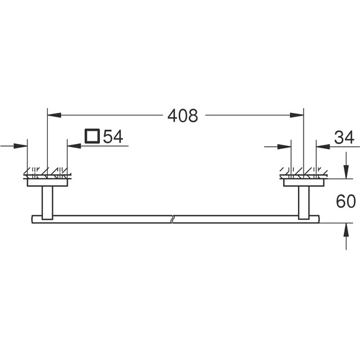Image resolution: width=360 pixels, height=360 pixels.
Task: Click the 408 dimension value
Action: [182, 115]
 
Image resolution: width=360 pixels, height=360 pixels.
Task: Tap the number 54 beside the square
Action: [113, 137]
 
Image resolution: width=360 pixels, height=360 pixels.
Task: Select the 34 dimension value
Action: [344, 138]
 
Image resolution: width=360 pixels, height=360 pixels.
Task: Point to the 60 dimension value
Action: [346, 201]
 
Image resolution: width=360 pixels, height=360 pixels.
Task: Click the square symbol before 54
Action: [92, 136]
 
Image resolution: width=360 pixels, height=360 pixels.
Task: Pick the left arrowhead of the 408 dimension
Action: [54, 115]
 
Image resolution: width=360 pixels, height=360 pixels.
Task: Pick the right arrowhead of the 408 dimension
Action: [297, 115]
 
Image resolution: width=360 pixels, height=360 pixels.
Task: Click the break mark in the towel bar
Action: [172, 219]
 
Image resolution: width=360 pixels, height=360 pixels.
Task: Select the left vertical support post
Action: [48, 203]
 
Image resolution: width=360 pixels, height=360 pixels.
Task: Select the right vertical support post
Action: [304, 203]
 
